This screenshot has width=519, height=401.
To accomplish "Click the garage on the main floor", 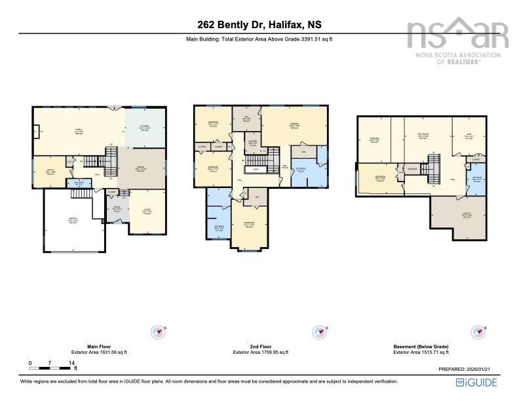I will pyautogui.click(x=73, y=221).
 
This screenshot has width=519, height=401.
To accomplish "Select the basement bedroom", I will pyautogui.click(x=381, y=180).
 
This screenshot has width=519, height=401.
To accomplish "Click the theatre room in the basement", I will pyautogui.click(x=374, y=139).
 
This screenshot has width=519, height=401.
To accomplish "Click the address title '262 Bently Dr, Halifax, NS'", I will pyautogui.click(x=259, y=25).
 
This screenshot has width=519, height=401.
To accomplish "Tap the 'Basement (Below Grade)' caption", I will pyautogui.click(x=421, y=347).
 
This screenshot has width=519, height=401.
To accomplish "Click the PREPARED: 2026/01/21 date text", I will pyautogui.click(x=466, y=369).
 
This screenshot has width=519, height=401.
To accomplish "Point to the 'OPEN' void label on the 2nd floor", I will pyautogui.click(x=256, y=169).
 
